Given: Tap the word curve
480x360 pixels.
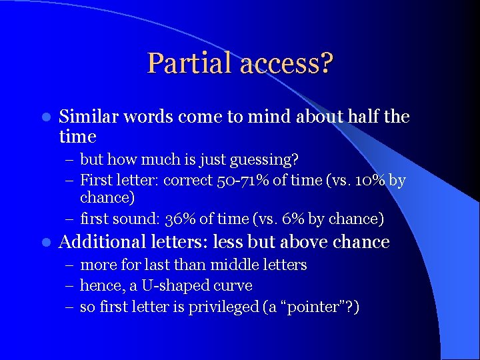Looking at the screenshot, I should point(233,286).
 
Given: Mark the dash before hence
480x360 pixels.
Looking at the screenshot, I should point(69,286).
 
